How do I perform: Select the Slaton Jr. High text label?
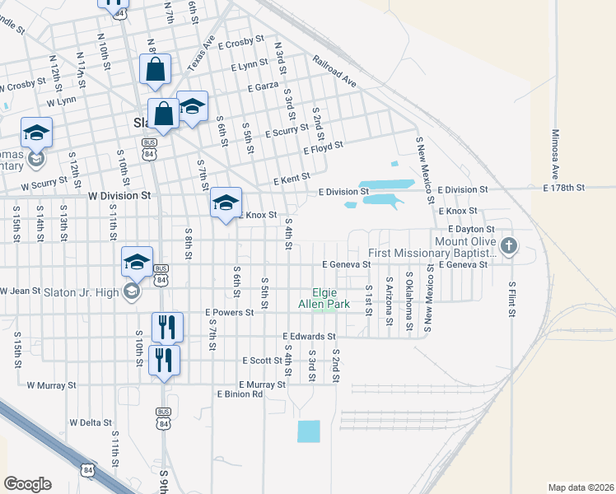pos(81,291)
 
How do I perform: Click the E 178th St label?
pos(563,188)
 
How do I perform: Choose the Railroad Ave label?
pos(334,71)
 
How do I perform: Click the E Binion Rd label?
pos(240,394)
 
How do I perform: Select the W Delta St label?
pos(91,422)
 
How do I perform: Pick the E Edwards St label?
pos(309,337)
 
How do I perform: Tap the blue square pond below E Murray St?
pos(308,431)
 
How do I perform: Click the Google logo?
pos(27,484)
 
